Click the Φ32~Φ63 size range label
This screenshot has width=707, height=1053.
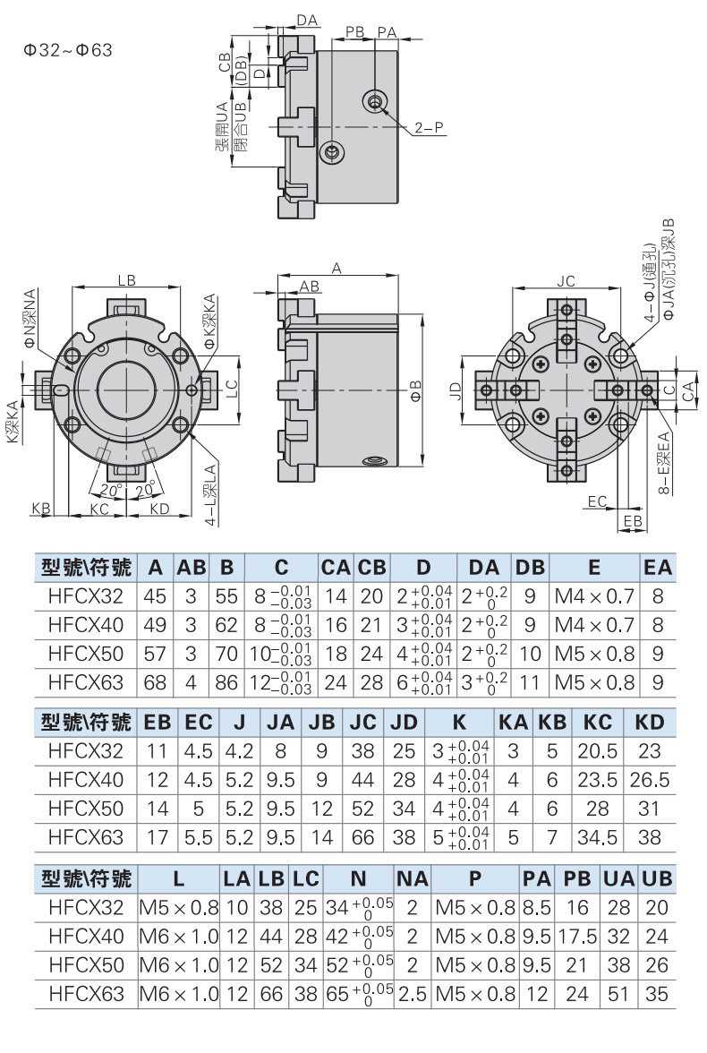pyautogui.click(x=68, y=50)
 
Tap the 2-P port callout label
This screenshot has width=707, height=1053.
pyautogui.click(x=429, y=127)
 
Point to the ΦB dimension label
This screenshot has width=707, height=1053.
pyautogui.click(x=415, y=391)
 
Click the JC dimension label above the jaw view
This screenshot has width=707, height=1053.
pyautogui.click(x=566, y=281)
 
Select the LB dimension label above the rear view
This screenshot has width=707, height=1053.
pyautogui.click(x=126, y=280)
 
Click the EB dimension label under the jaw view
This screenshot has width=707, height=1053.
pyautogui.click(x=633, y=521)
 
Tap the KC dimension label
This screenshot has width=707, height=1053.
pyautogui.click(x=99, y=509)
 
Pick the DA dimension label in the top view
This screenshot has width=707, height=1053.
pyautogui.click(x=307, y=21)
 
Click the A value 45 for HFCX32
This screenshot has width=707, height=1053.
pyautogui.click(x=155, y=595)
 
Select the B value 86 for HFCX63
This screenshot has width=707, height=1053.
pyautogui.click(x=226, y=682)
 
